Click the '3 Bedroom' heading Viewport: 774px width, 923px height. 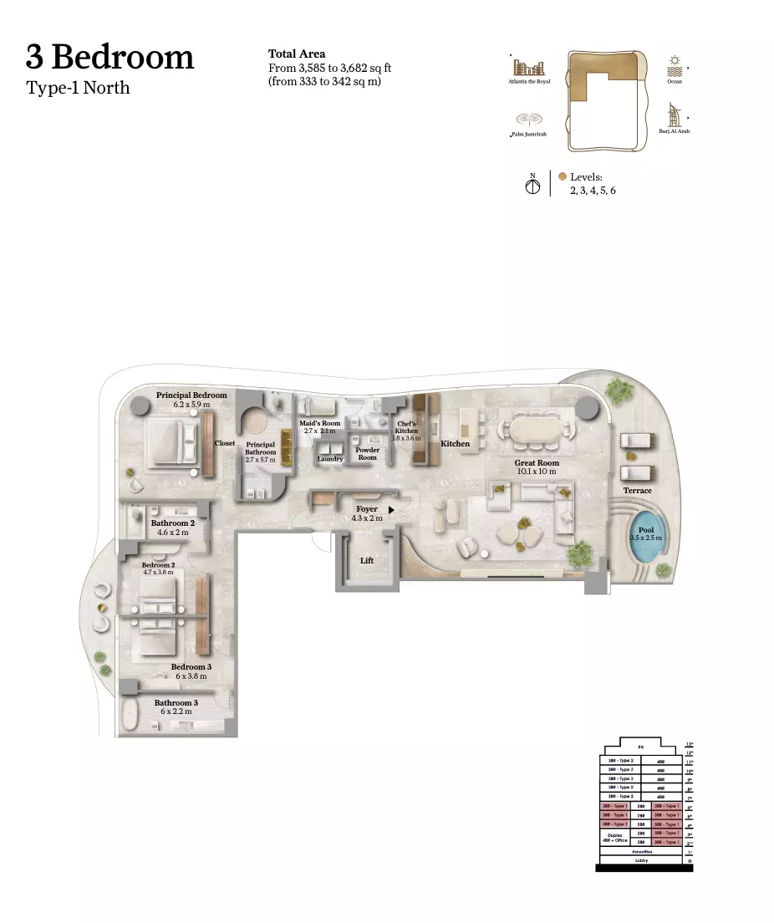pyautogui.click(x=109, y=57)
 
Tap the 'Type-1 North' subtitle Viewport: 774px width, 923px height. pyautogui.click(x=78, y=87)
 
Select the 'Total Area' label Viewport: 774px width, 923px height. pyautogui.click(x=297, y=54)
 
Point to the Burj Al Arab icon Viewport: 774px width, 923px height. pyautogui.click(x=673, y=115)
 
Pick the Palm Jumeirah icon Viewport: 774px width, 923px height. pyautogui.click(x=527, y=120)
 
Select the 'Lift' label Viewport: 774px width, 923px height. pyautogui.click(x=367, y=561)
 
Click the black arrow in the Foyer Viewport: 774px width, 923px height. pyautogui.click(x=391, y=508)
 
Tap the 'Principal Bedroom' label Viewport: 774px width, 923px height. pyautogui.click(x=191, y=395)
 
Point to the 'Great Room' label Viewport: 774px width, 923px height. pyautogui.click(x=537, y=462)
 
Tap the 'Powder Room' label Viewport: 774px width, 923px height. pyautogui.click(x=368, y=453)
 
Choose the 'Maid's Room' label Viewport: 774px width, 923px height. pyautogui.click(x=320, y=423)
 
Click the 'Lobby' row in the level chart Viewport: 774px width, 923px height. pyautogui.click(x=641, y=859)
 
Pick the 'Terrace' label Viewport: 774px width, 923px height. pyautogui.click(x=637, y=491)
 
